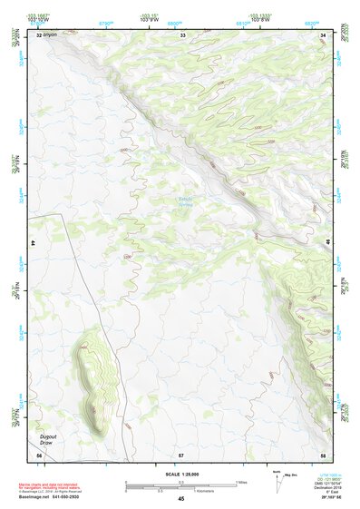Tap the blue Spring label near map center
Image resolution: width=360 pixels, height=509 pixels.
186,203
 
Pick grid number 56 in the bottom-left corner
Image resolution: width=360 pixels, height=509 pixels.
39,454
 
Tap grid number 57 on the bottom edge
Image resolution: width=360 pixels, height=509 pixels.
181,454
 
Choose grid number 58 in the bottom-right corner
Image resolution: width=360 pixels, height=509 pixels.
324,454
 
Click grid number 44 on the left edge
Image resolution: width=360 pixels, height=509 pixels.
34,243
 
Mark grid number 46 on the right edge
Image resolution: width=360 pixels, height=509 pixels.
328,243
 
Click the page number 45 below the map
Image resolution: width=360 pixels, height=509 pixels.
181,499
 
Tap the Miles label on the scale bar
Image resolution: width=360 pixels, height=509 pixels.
239,481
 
